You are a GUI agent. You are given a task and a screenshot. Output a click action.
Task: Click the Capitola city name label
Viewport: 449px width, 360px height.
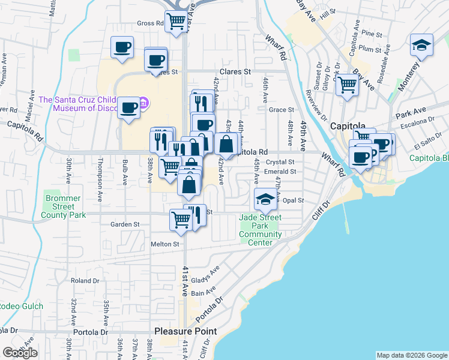click(x=348, y=126)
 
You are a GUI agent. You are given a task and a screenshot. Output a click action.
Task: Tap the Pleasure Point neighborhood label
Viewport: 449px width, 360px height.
click(x=185, y=331)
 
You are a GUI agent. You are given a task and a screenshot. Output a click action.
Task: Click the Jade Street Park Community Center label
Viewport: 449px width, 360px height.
click(x=261, y=230)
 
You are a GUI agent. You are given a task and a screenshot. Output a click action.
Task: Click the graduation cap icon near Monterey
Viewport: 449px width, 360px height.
click(x=421, y=45)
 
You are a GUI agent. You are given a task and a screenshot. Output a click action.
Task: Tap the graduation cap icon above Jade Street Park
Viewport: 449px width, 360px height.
click(x=265, y=199)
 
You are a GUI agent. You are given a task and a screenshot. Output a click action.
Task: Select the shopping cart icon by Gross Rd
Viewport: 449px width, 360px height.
click(x=176, y=22)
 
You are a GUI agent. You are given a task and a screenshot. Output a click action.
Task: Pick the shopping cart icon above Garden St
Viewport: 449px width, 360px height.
click(x=180, y=219)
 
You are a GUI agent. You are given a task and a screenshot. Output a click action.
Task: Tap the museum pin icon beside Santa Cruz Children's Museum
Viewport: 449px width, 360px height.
click(x=143, y=104)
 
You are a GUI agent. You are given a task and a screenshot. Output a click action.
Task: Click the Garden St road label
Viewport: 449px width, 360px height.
click(x=125, y=224)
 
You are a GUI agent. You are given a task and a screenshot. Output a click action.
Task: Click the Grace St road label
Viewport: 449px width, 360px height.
click(x=282, y=110)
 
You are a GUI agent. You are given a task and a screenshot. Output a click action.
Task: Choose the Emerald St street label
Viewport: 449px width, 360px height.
click(x=280, y=172)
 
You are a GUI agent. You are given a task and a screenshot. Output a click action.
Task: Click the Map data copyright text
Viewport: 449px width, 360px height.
click(x=411, y=355)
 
